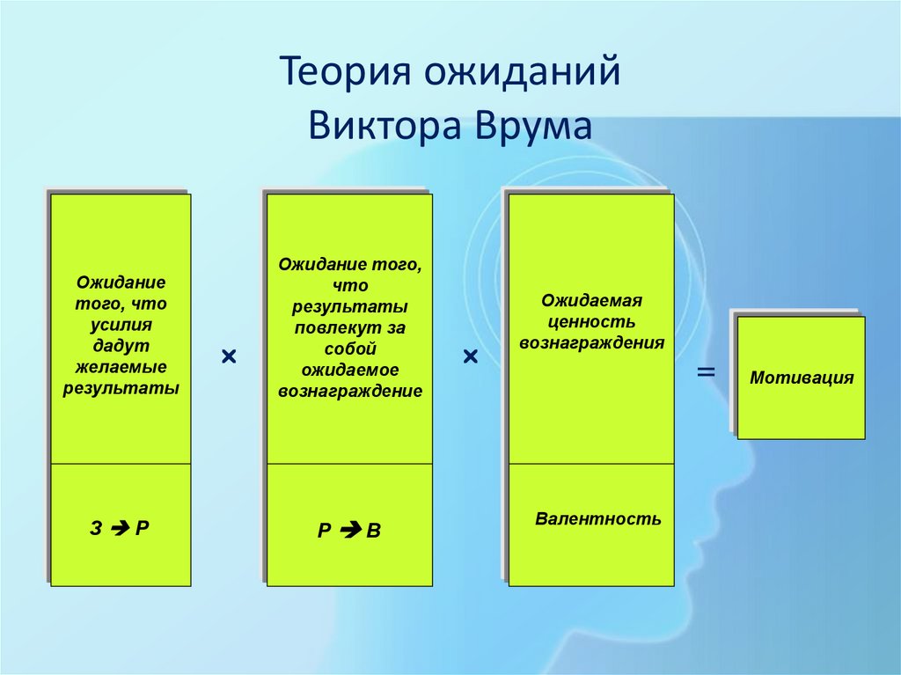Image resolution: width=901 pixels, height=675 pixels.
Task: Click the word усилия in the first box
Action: (x=121, y=324)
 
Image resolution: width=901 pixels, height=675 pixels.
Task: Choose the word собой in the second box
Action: (x=349, y=349)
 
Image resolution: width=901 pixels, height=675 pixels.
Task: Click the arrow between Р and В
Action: (x=349, y=531)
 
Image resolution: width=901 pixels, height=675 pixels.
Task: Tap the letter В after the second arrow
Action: (x=374, y=532)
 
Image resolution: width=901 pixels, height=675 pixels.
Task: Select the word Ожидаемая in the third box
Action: (x=591, y=301)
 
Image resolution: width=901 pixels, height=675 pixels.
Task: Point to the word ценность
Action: (x=591, y=321)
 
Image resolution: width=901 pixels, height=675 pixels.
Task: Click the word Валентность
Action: (x=597, y=518)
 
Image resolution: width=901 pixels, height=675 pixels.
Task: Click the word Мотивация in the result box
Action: (x=802, y=378)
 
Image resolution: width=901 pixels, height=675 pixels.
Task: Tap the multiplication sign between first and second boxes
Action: (x=229, y=356)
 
